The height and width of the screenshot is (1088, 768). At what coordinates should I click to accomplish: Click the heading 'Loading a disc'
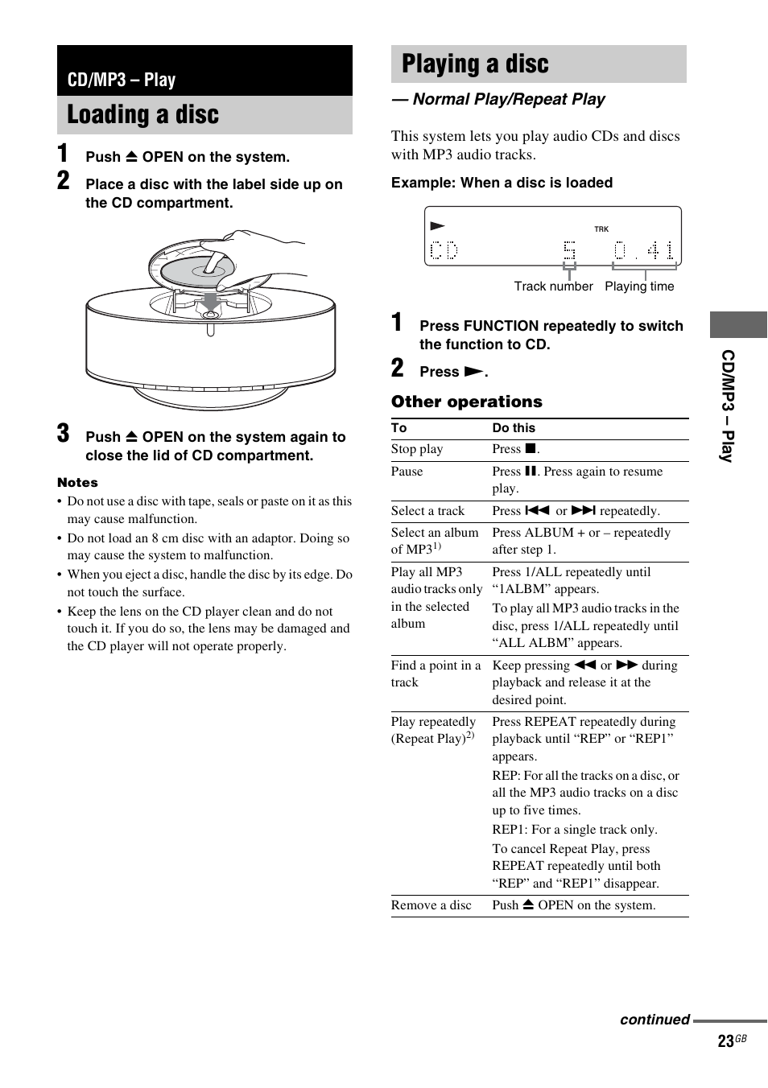[142, 115]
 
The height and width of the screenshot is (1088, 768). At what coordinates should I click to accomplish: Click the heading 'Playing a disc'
[475, 64]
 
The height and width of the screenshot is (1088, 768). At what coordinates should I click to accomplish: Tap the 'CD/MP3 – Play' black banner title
[122, 80]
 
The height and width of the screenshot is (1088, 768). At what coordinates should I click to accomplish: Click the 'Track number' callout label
[553, 286]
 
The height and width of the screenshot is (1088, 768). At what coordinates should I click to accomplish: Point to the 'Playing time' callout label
[639, 286]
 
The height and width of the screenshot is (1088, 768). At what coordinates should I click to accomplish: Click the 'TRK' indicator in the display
[601, 229]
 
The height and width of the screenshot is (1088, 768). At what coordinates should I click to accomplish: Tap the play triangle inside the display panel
[437, 226]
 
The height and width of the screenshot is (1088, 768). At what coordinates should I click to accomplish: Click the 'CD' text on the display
[444, 251]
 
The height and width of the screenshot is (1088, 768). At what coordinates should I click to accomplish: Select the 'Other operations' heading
[467, 402]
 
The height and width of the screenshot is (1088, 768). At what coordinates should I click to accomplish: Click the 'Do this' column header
[514, 428]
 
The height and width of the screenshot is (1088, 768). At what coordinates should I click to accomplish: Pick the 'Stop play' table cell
[417, 449]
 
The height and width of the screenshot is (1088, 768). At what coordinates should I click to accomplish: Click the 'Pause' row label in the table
[407, 472]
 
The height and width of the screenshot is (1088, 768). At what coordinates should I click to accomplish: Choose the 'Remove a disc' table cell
[431, 905]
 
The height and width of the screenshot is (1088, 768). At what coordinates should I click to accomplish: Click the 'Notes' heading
[77, 483]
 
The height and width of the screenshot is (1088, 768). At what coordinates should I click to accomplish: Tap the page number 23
[725, 1041]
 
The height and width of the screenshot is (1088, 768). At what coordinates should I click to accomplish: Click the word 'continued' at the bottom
[654, 1020]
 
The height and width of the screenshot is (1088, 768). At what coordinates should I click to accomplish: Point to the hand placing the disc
[258, 253]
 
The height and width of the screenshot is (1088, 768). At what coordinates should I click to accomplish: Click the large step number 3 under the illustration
[64, 434]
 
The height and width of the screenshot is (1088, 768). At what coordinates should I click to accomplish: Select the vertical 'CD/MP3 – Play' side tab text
[728, 406]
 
